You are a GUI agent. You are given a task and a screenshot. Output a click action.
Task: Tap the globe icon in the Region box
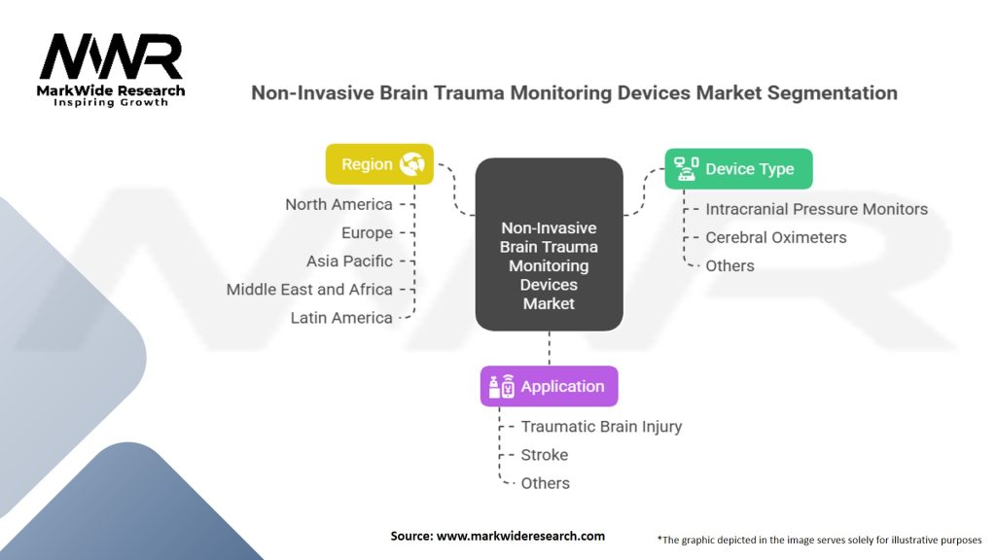point(412,164)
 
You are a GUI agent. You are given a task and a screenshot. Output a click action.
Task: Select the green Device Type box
point(738,169)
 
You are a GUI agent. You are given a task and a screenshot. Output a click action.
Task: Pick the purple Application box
point(549,386)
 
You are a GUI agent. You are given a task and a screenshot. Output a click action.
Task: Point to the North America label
point(338,204)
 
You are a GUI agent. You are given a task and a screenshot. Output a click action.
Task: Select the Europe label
point(367,232)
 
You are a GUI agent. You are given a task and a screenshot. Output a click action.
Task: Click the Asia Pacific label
point(349,261)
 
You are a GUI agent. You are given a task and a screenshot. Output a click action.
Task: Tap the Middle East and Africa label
point(309,289)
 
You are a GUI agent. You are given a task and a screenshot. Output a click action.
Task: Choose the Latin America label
point(341,317)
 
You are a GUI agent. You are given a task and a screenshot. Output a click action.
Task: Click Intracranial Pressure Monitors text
point(816,209)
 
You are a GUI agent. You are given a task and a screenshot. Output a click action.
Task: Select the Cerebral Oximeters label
point(775,237)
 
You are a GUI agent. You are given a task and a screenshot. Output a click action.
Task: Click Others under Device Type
point(729,265)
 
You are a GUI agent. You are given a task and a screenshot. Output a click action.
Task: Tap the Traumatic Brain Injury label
point(601,426)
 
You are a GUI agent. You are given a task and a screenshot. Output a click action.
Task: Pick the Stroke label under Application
point(544,454)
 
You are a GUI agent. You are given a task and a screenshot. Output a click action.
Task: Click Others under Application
point(545,483)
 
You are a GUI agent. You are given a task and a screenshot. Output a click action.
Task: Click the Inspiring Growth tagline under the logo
point(110,102)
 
